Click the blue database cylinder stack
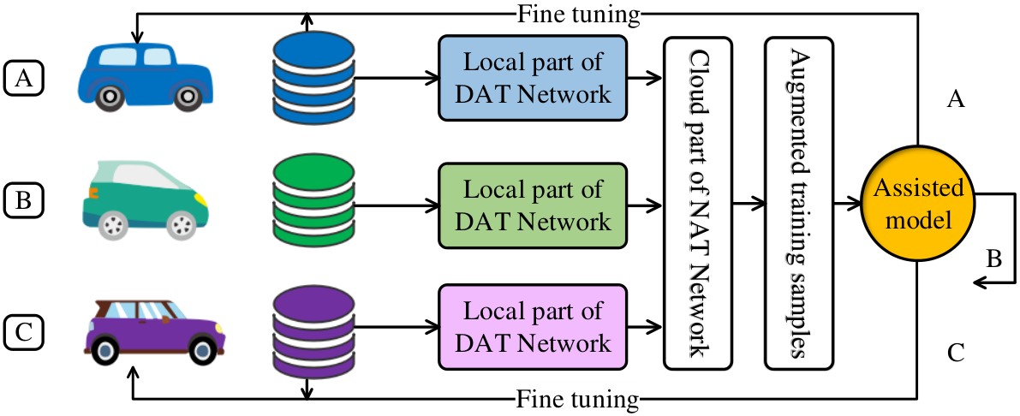(314, 78)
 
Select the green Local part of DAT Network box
(533, 206)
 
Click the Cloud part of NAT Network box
(697, 202)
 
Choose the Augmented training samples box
(800, 202)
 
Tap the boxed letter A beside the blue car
(23, 78)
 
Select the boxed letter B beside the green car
(23, 199)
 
